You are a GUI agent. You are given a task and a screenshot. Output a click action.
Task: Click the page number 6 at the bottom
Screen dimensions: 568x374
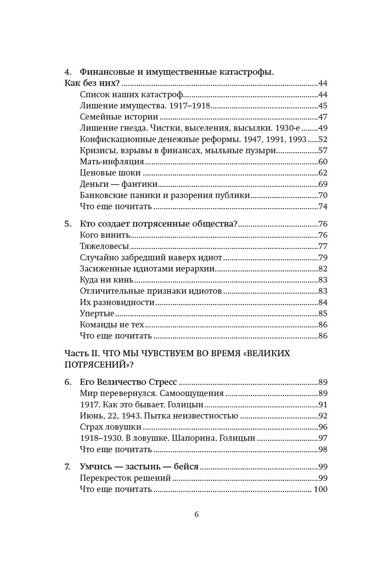click(196, 514)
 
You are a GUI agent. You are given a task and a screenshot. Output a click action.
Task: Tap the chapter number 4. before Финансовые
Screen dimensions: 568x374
click(68, 72)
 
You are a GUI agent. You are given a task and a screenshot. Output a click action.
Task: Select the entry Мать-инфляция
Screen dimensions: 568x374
click(112, 162)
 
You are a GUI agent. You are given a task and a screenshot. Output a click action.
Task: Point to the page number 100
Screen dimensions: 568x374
click(320, 489)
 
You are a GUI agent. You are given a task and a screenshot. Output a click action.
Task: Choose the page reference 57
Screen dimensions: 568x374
click(322, 150)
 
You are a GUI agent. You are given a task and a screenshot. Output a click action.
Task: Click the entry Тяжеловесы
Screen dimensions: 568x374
click(104, 246)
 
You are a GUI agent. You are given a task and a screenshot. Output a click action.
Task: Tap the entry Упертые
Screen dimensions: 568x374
click(97, 313)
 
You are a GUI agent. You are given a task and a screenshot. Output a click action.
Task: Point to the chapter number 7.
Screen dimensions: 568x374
click(67, 467)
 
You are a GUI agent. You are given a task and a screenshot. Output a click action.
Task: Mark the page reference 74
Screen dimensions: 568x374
click(322, 207)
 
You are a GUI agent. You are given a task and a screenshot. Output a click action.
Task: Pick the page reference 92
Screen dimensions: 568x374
click(322, 416)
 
